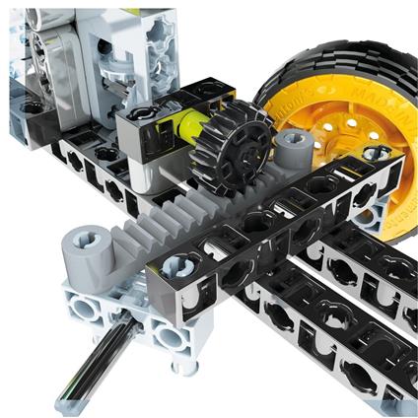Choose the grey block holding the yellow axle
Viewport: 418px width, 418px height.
(148, 138)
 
